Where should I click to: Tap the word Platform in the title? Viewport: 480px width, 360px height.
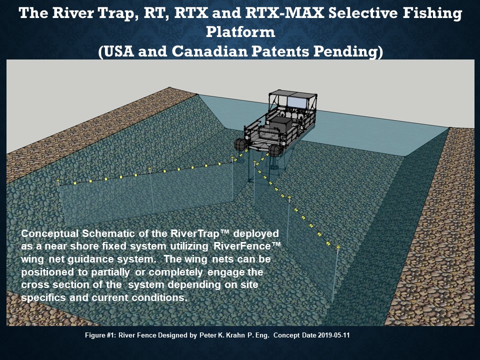coord(240,32)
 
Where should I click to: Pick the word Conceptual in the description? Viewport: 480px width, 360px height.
coord(50,234)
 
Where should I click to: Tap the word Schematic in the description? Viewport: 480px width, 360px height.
coord(108,234)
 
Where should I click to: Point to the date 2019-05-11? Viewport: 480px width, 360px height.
coord(333,335)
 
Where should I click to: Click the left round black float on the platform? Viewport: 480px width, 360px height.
coord(240,145)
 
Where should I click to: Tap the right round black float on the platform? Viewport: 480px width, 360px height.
coord(274,150)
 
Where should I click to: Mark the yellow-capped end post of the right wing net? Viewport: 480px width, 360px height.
coord(336,274)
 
